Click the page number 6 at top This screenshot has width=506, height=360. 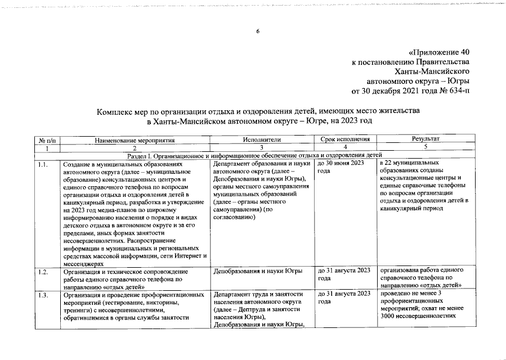257,31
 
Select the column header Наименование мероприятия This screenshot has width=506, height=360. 135,139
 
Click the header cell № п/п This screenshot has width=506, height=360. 46,139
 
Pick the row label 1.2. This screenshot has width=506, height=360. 42,272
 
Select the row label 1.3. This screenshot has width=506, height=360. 42,295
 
